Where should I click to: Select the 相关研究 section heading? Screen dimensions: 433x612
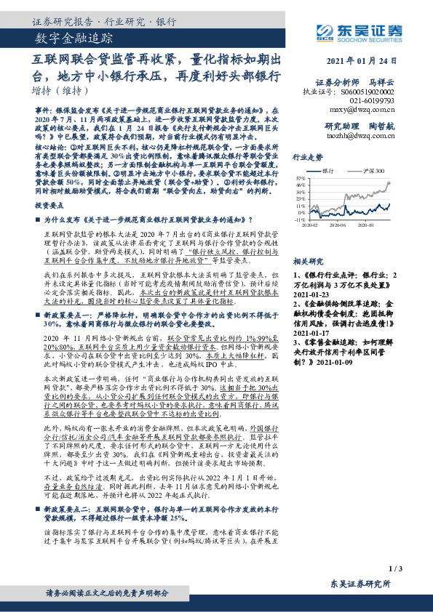click(306, 259)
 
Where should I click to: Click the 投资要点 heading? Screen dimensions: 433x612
click(49, 206)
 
